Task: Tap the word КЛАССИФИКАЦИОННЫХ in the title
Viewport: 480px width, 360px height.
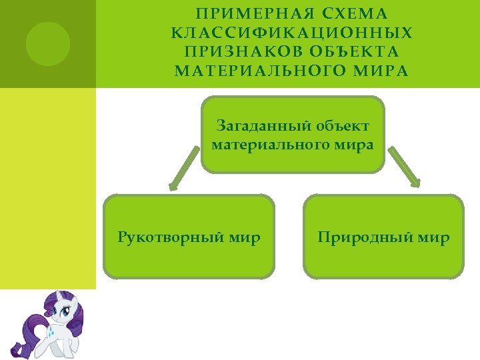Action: (291, 33)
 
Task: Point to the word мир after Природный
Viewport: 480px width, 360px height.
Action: (433, 237)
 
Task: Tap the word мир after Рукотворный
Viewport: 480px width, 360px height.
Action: (243, 237)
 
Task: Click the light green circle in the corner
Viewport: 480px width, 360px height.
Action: (47, 44)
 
